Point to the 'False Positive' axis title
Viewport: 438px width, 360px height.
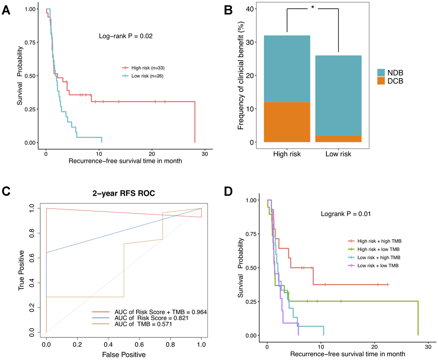click(127, 355)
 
